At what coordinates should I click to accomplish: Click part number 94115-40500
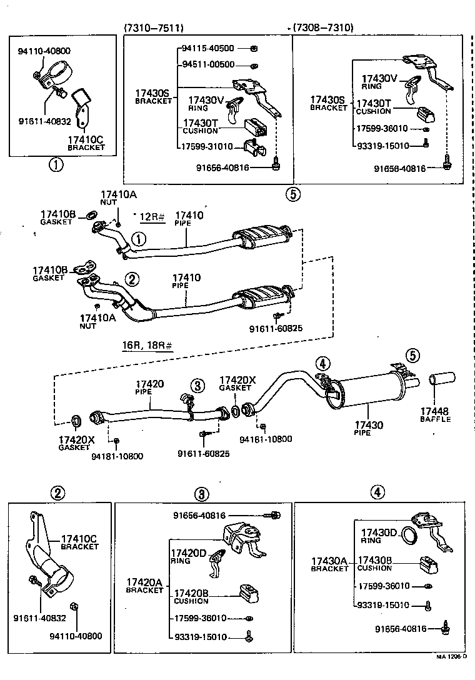[x=208, y=48]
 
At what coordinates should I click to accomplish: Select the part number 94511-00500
[x=208, y=64]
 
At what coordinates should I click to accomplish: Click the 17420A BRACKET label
[x=144, y=586]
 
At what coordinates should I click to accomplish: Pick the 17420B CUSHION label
[x=191, y=596]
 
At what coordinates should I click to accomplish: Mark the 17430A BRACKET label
[x=329, y=564]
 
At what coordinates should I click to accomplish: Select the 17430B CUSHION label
[x=374, y=564]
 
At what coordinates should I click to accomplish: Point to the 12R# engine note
[x=151, y=217]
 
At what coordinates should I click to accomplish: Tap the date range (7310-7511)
[x=154, y=27]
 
